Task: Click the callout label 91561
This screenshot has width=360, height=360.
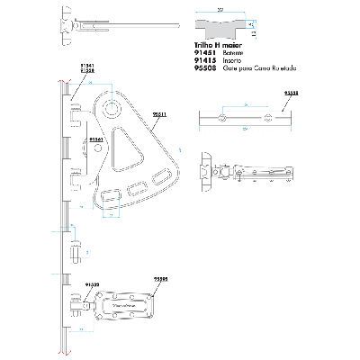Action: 95,140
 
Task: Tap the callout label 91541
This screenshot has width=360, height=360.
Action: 86,66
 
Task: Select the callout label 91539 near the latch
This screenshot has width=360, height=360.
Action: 93,284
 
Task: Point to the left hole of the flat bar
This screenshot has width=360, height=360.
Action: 220,118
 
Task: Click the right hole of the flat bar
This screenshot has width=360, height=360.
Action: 269,118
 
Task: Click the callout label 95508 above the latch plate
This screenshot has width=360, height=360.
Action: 159,280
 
